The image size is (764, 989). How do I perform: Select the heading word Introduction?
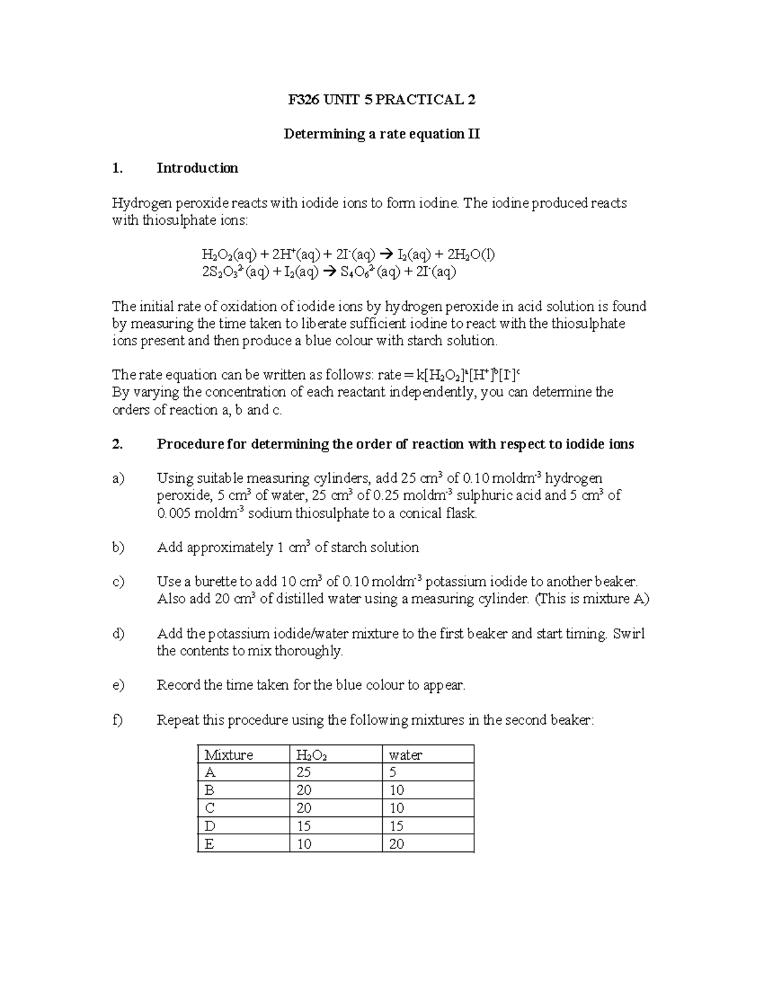point(197,168)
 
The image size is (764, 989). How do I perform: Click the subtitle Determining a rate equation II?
point(381,134)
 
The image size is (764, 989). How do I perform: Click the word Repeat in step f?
point(178,720)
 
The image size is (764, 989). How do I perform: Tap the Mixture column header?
point(229,755)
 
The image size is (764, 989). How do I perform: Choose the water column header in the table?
point(406,755)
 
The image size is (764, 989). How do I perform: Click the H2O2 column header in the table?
point(311,755)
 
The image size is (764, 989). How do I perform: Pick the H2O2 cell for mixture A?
point(304,772)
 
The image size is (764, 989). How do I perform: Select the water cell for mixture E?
point(396,844)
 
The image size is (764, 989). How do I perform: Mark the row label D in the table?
point(210,826)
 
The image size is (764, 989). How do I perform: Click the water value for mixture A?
point(393,772)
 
